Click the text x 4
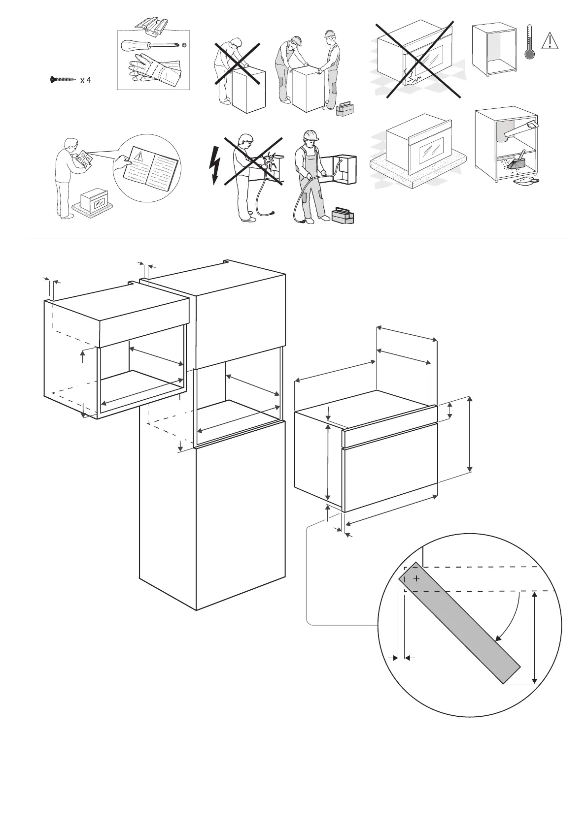[85, 80]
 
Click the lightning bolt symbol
[214, 165]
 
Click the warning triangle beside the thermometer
[550, 40]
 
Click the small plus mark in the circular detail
[416, 578]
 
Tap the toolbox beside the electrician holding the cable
[343, 215]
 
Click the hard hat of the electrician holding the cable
[310, 135]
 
